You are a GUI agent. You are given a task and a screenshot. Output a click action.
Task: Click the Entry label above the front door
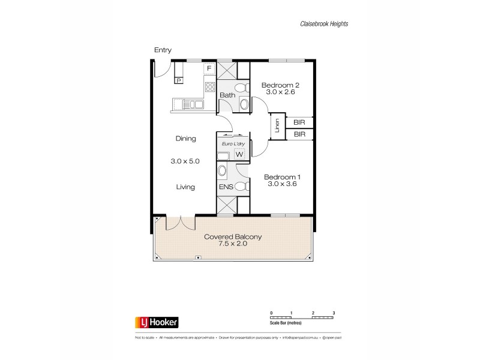tap(163, 50)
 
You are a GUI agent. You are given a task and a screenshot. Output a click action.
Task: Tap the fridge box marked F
tap(209, 68)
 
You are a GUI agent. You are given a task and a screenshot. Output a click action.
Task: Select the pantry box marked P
tap(179, 80)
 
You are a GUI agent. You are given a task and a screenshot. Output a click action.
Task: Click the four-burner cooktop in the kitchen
tap(210, 87)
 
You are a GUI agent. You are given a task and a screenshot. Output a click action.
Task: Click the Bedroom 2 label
tap(280, 85)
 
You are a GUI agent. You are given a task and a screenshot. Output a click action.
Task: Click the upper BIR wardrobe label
tap(299, 122)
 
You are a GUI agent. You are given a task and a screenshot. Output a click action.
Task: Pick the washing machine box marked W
tap(239, 154)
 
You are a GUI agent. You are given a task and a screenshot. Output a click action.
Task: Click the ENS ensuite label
tap(226, 187)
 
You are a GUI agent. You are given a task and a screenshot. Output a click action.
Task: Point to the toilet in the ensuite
tap(241, 186)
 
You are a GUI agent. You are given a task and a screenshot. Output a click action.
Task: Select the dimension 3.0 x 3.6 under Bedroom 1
tap(283, 184)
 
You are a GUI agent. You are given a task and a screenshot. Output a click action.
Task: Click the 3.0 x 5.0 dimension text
tap(185, 161)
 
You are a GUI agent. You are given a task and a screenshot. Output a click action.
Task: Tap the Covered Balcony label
tap(233, 237)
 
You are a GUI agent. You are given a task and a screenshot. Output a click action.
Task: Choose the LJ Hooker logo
tap(155, 322)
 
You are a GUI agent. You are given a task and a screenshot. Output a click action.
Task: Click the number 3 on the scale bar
tap(334, 313)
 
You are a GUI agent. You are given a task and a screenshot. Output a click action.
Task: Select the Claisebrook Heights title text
tap(325, 24)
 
